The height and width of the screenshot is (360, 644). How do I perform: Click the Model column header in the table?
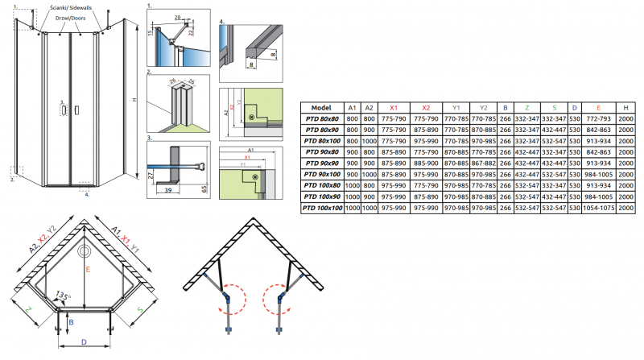pos(321,107)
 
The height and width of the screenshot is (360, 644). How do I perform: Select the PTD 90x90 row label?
pos(321,163)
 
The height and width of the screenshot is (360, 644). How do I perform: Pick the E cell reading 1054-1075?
pos(597,209)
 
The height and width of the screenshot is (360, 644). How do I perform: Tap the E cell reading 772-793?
pos(597,118)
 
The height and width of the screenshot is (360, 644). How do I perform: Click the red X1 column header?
pos(393,107)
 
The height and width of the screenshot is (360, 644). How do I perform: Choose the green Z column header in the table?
pos(526,107)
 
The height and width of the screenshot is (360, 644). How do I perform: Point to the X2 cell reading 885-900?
pos(426,163)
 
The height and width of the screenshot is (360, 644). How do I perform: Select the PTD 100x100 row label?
pos(321,209)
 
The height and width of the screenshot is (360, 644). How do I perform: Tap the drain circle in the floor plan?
pos(84,250)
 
